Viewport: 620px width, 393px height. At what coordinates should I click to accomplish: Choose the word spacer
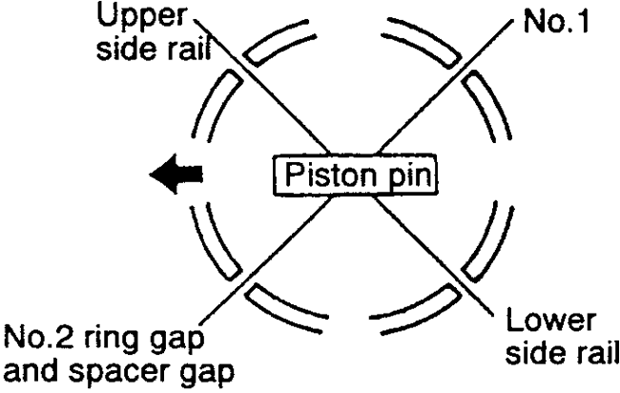(115, 373)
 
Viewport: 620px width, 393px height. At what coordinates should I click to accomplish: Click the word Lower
(557, 319)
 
